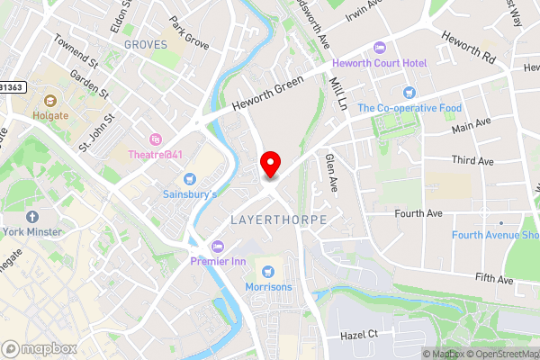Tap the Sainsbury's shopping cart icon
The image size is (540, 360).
point(189,177)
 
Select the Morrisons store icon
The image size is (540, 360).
point(267,271)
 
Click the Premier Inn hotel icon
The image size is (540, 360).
point(216,246)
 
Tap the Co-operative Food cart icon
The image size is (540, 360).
point(409,92)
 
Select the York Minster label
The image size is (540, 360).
point(32,231)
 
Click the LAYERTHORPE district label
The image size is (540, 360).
point(277,220)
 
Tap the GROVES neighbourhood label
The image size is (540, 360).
point(146,44)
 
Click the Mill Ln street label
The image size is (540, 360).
point(339,91)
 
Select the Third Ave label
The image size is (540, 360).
point(472,159)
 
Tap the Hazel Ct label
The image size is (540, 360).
point(358,335)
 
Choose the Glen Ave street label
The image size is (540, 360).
point(331,170)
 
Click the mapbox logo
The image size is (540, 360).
point(38,346)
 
